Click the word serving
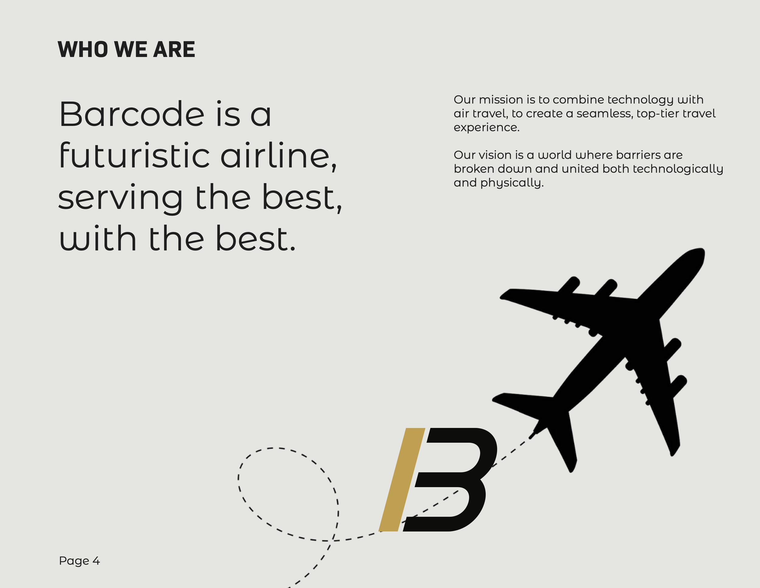tap(120, 198)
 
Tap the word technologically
tap(678, 169)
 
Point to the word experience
tap(486, 128)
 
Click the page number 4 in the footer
tap(96, 561)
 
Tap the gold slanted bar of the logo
tap(402, 480)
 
